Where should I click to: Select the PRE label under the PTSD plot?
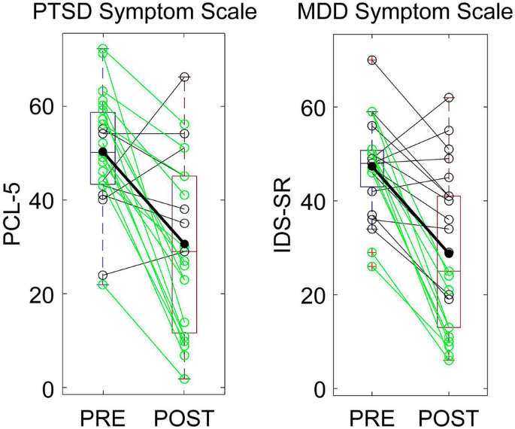pyautogui.click(x=103, y=416)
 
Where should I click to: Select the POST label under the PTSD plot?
pyautogui.click(x=183, y=416)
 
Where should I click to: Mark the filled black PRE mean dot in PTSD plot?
pyautogui.click(x=103, y=152)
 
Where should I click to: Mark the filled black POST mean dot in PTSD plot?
pyautogui.click(x=184, y=244)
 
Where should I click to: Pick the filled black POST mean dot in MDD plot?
pyautogui.click(x=449, y=253)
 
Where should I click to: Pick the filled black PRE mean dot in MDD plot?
pyautogui.click(x=372, y=166)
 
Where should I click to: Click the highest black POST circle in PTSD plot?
pyautogui.click(x=184, y=77)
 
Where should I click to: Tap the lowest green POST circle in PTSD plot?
pyautogui.click(x=184, y=379)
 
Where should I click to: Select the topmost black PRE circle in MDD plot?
pyautogui.click(x=372, y=59)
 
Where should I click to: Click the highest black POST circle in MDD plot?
pyautogui.click(x=449, y=98)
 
